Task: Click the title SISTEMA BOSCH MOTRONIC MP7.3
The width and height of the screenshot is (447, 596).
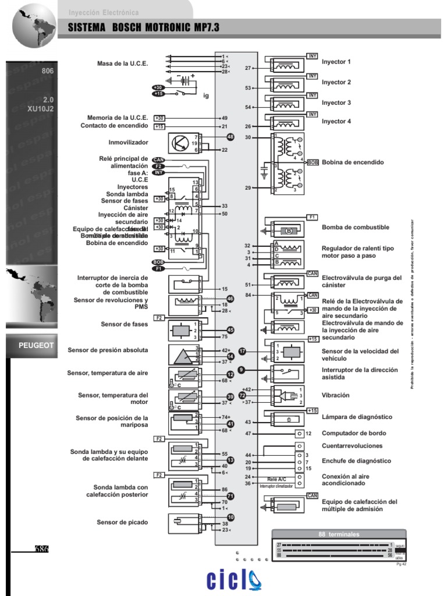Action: click(143, 28)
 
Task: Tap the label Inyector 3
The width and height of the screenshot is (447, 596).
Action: click(336, 102)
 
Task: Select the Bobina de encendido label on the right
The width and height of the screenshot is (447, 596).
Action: click(353, 162)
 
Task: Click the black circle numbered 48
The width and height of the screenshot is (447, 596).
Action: click(230, 137)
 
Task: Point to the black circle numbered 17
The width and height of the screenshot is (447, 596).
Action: click(243, 352)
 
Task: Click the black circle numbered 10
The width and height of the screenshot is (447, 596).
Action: click(230, 517)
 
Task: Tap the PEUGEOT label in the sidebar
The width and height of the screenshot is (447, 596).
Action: click(36, 345)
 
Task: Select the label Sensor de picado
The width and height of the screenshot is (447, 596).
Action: click(122, 522)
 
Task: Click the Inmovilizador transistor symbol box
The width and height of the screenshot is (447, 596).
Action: click(181, 143)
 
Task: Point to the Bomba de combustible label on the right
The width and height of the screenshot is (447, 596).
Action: click(356, 227)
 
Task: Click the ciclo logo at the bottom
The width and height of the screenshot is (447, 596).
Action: click(235, 580)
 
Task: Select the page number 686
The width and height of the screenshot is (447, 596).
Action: click(41, 549)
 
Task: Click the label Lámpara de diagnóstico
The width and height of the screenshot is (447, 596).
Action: click(357, 417)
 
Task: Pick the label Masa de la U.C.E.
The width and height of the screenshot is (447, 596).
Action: click(123, 63)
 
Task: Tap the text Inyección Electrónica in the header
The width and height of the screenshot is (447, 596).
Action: click(104, 12)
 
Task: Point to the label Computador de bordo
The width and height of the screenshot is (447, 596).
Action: click(353, 433)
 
